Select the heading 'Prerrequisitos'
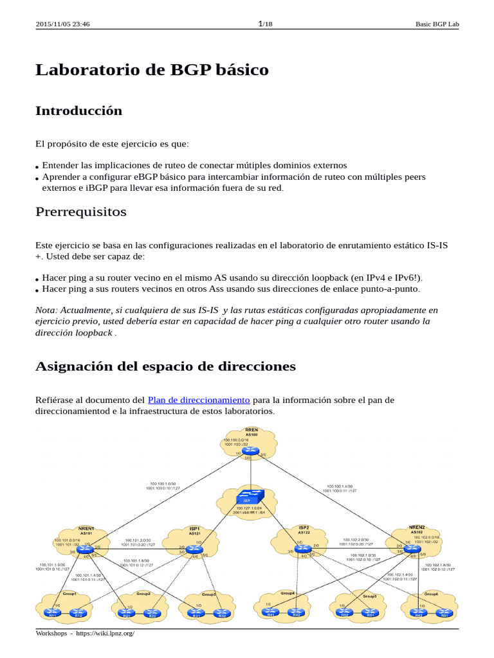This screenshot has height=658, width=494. coord(81,212)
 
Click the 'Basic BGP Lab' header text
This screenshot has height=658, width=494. coord(438,24)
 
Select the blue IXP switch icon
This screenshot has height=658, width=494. coord(247,497)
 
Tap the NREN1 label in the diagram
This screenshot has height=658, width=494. coord(86,528)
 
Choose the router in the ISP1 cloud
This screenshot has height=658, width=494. coord(194,545)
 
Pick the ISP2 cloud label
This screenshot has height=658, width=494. coord(304,527)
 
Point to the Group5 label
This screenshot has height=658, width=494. coord(369,596)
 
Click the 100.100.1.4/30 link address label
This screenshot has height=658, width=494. coord(339,486)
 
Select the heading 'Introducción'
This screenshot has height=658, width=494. coord(78,111)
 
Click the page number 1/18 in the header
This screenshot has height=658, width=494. coord(264,24)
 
